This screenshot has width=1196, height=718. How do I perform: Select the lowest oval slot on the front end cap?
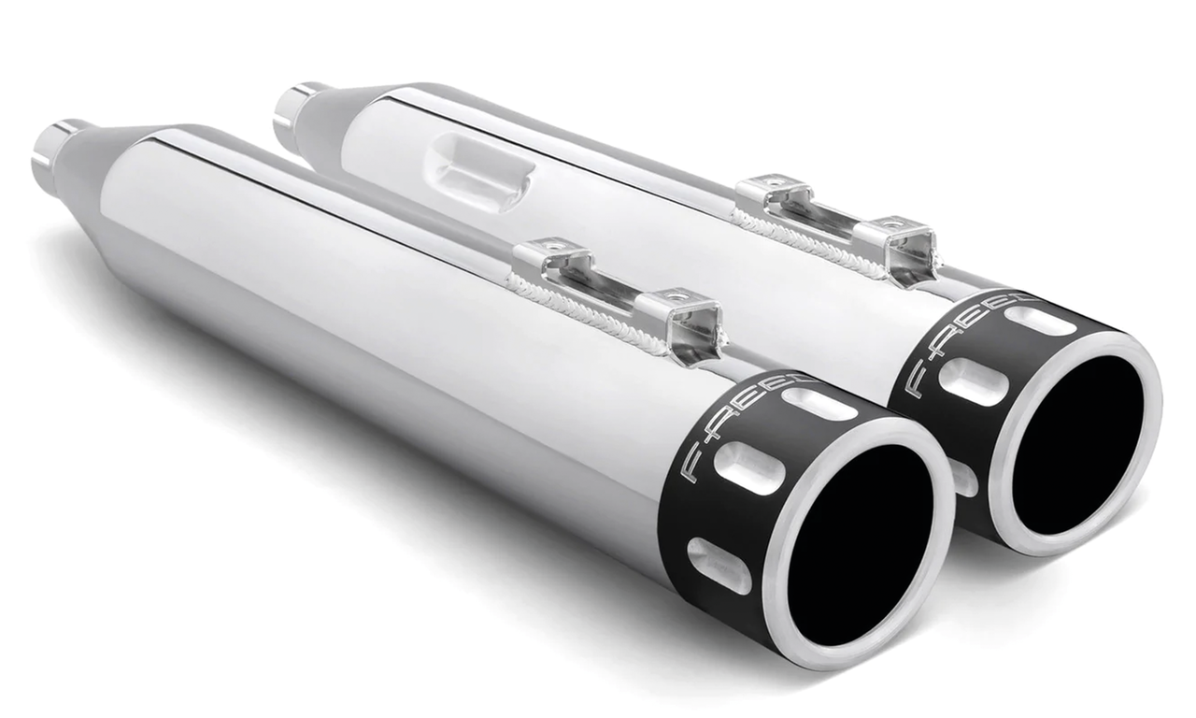[x=718, y=565]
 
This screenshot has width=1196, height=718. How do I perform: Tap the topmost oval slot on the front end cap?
[x=819, y=403]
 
